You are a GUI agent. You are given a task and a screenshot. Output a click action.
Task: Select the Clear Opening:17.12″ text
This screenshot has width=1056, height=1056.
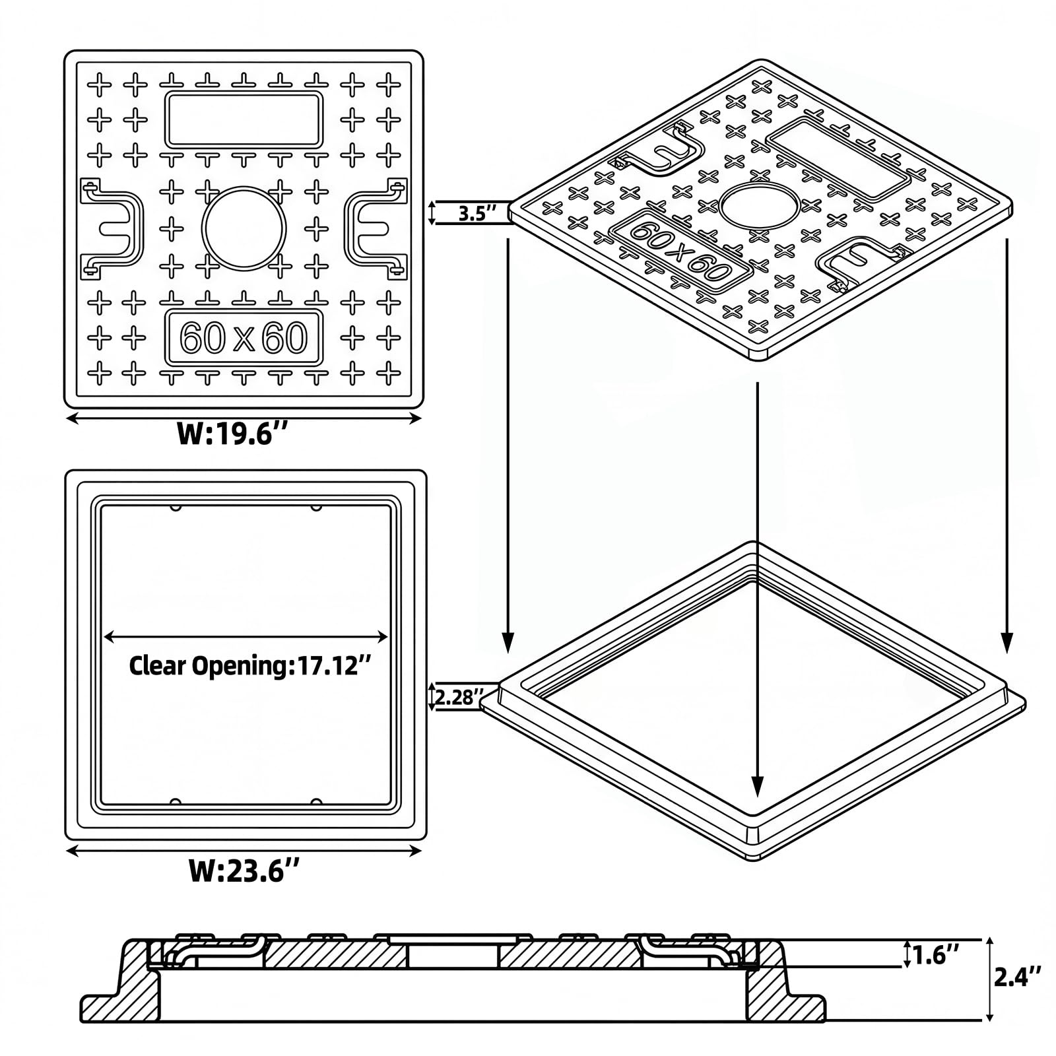(246, 665)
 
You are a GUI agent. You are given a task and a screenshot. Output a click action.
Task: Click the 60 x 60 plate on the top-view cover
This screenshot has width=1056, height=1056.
(244, 337)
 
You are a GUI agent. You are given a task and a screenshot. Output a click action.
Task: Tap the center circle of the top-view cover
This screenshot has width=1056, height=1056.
(244, 228)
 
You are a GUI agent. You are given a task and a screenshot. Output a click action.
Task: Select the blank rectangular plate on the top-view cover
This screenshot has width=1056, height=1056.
(244, 119)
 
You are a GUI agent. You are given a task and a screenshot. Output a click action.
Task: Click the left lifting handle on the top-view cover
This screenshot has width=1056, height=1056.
(112, 228)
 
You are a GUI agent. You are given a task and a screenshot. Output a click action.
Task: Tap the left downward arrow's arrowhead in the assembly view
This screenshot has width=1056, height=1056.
(508, 642)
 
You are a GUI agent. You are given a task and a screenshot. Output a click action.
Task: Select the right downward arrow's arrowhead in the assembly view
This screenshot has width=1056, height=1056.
(1006, 642)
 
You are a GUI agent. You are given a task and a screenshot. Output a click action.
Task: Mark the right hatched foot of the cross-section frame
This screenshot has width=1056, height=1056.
(789, 1003)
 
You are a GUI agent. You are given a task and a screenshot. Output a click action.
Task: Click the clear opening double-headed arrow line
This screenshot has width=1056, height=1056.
(246, 637)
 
